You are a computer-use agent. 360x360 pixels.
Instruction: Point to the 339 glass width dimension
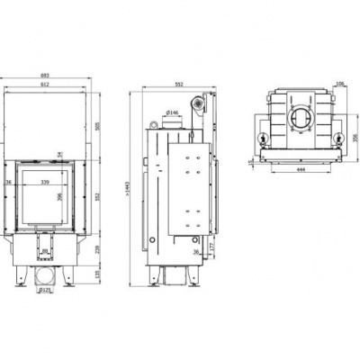tap(46, 183)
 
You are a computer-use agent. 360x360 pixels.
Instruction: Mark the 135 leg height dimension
tap(96, 273)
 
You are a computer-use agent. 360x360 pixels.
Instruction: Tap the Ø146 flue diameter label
tap(174, 114)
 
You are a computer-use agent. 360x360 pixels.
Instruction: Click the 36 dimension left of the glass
tap(8, 183)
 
